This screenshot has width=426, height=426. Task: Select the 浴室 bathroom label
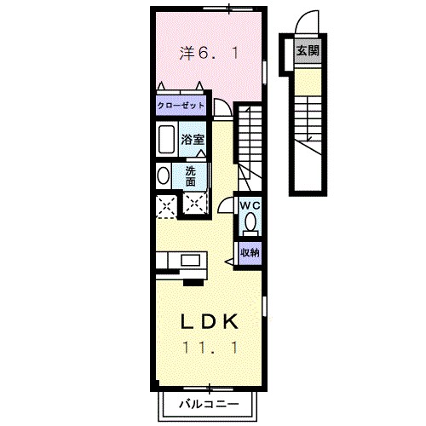click(x=193, y=138)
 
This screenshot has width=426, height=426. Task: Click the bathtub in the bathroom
click(x=165, y=139)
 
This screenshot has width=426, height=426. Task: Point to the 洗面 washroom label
click(x=191, y=175)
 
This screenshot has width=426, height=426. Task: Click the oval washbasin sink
click(x=163, y=175)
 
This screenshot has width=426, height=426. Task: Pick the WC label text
click(x=249, y=205)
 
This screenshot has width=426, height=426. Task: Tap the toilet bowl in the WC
click(x=250, y=223)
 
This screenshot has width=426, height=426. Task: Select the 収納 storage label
click(x=249, y=251)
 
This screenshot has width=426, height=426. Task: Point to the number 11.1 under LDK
click(x=208, y=348)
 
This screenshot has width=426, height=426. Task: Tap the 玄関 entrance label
click(x=307, y=50)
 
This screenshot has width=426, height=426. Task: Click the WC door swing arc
click(x=225, y=205)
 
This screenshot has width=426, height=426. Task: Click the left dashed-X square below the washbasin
click(x=164, y=204)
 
